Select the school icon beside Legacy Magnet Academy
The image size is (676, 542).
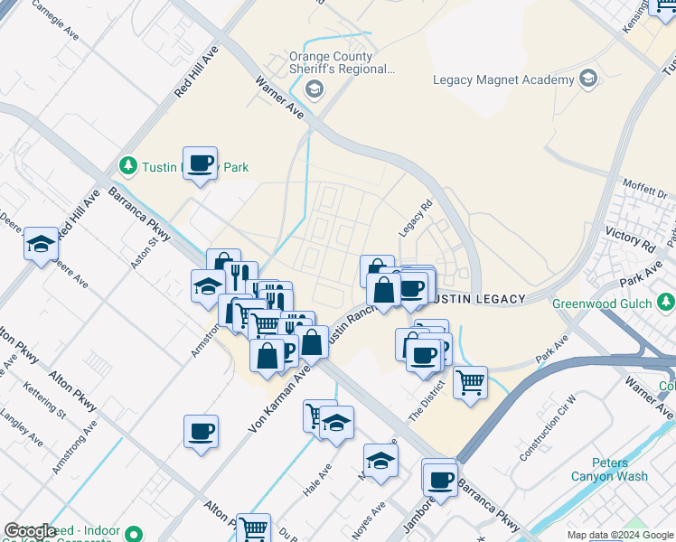point(589,79)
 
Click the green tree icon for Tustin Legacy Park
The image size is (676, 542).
point(128,166)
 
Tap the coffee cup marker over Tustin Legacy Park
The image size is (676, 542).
point(201,164)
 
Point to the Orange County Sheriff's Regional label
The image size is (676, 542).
point(343,61)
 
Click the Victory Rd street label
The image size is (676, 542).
point(630,241)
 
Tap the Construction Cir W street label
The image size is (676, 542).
point(549,427)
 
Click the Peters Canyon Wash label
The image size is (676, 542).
point(609,470)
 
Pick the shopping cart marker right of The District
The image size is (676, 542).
point(470,383)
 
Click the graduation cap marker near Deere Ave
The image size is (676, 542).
point(41,244)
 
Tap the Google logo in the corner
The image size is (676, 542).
point(30,532)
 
